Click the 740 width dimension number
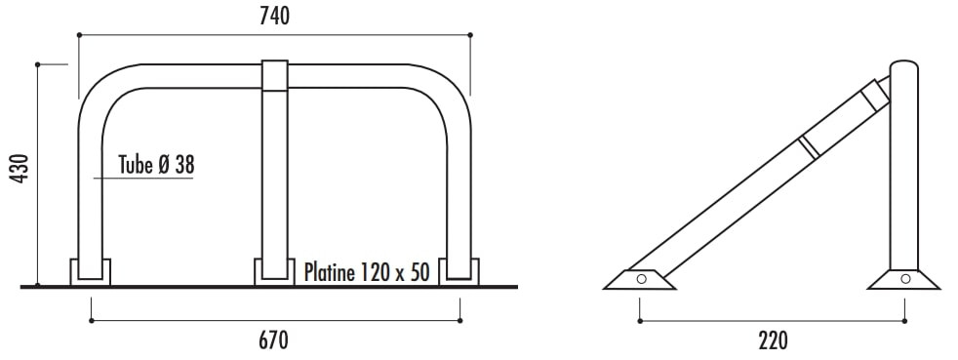tap(274, 17)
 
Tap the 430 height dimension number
tap(20, 169)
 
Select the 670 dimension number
tap(273, 340)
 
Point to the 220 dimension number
tap(773, 340)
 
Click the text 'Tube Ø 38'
tap(156, 165)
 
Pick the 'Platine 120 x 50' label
tap(367, 272)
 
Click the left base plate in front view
tap(91, 272)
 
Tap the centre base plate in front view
tap(274, 272)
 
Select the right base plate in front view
tap(459, 272)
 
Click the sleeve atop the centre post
tap(275, 76)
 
